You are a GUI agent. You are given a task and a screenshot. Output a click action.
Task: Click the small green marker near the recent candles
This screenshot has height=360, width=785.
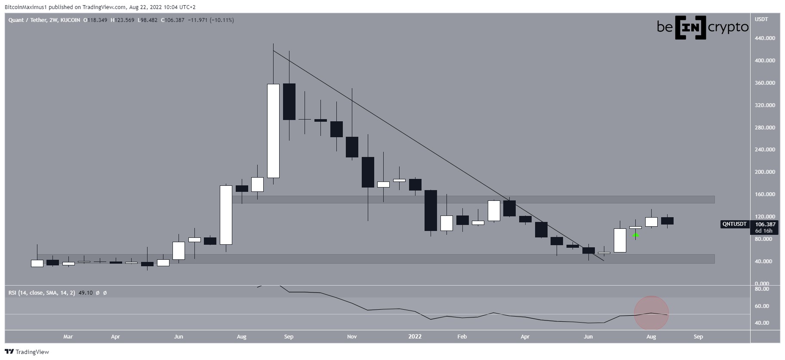[x=636, y=235]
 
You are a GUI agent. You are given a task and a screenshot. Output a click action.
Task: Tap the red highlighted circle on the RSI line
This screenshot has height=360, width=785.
[x=651, y=314]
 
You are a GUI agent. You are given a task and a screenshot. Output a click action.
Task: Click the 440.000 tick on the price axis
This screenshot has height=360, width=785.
[x=764, y=38]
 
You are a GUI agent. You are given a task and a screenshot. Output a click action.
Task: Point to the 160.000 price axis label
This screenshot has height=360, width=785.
[x=764, y=194]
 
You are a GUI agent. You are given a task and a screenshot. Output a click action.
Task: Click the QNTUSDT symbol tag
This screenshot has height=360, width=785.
[x=735, y=224]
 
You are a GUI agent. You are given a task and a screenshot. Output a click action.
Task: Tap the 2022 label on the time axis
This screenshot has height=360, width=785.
[x=415, y=337]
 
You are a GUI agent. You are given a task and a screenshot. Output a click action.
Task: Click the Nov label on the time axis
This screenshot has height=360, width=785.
[x=352, y=337]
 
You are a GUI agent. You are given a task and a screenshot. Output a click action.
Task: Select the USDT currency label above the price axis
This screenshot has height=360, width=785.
[x=761, y=19]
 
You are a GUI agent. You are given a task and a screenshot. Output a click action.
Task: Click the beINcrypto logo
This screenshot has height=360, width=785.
[x=703, y=28]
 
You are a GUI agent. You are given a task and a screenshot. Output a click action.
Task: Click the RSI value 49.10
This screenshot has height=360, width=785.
[x=86, y=293]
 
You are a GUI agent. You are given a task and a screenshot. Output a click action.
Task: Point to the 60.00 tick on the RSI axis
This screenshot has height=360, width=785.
[x=761, y=306]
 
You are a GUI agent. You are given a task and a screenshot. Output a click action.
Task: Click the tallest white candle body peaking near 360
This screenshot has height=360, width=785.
[x=273, y=131]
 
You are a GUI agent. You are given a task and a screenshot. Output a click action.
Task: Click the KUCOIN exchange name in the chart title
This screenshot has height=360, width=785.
[x=70, y=20]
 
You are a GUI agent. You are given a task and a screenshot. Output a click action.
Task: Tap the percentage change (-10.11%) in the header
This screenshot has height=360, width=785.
[x=222, y=20]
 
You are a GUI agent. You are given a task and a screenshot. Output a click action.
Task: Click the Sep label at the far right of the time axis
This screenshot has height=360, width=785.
[x=698, y=337]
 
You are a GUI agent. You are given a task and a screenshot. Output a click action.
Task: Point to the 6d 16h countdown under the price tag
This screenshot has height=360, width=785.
[x=764, y=231]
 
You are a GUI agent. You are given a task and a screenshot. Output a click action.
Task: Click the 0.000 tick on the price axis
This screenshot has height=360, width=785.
[x=762, y=283]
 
